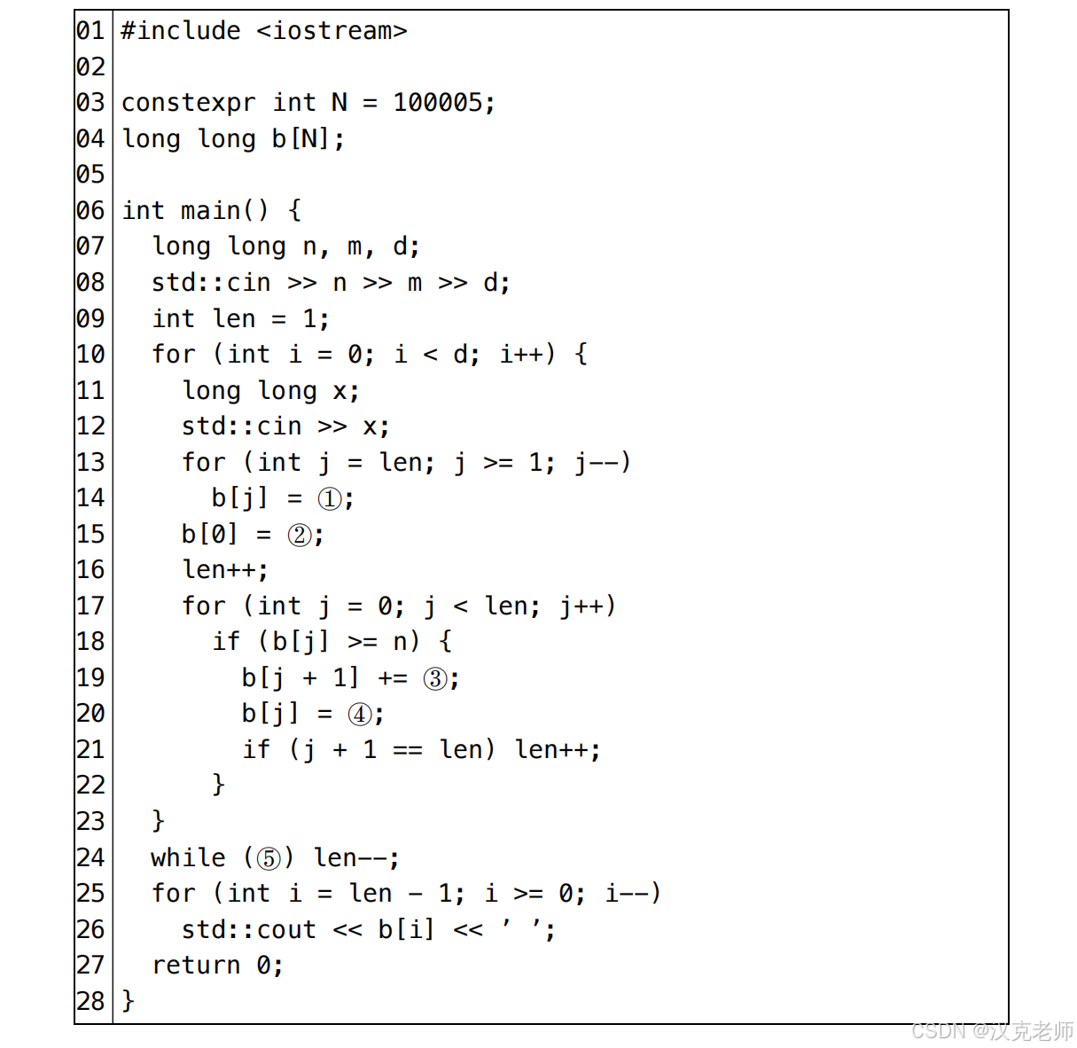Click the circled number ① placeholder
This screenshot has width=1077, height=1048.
point(329,499)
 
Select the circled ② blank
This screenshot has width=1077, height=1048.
point(299,535)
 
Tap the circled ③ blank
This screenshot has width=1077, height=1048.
point(434,678)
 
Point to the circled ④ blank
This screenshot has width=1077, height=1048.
point(359,714)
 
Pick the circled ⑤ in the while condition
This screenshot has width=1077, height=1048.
point(269,858)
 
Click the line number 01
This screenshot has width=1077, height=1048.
point(90,31)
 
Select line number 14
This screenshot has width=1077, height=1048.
point(90,497)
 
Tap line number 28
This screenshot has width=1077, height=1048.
point(90,1000)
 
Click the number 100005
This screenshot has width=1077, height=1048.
point(438,103)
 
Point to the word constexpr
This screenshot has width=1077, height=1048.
point(189,104)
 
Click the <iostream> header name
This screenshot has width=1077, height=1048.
point(332,31)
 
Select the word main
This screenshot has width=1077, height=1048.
point(210,210)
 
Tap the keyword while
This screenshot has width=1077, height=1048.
point(188,857)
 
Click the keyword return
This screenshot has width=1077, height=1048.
point(196,965)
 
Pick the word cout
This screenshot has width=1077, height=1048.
point(286,929)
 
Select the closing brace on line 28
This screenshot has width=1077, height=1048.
point(128,1001)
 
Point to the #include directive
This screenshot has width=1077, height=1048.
point(181,31)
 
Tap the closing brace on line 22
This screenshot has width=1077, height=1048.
point(219,785)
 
